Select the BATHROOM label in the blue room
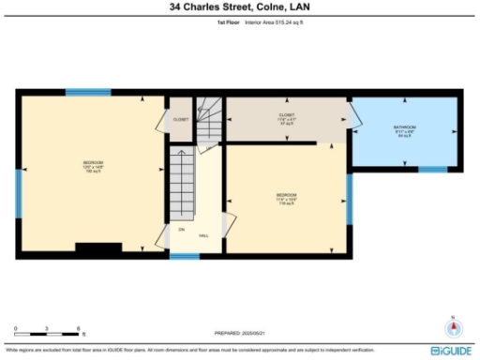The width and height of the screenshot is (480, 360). coord(404,128)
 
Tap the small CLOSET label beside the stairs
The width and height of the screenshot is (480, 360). coord(180,119)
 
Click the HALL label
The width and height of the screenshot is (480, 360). coord(203,235)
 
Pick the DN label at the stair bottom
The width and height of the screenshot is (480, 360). coord(181,228)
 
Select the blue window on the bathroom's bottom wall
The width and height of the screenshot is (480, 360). coord(431,170)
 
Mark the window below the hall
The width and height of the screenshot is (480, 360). coord(184,256)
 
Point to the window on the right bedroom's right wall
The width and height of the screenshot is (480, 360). coord(349,200)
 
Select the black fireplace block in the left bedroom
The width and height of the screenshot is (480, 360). coord(98,248)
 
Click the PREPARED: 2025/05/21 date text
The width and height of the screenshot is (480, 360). coord(240,333)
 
